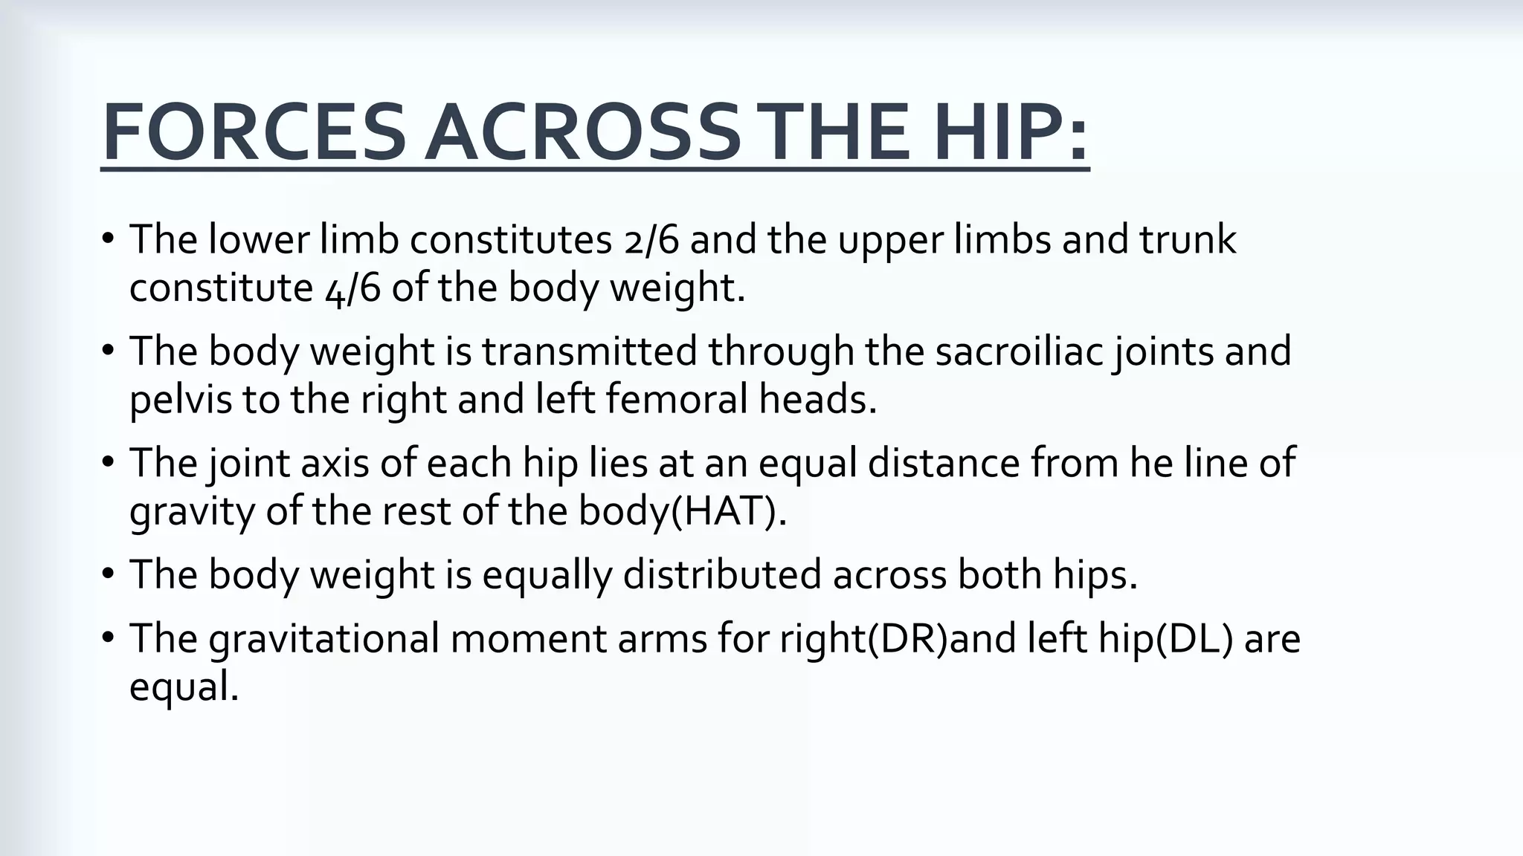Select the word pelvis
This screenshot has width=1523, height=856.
[x=181, y=400]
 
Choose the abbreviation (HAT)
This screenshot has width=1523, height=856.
[x=728, y=511]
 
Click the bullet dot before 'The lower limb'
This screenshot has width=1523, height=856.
[x=109, y=240]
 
